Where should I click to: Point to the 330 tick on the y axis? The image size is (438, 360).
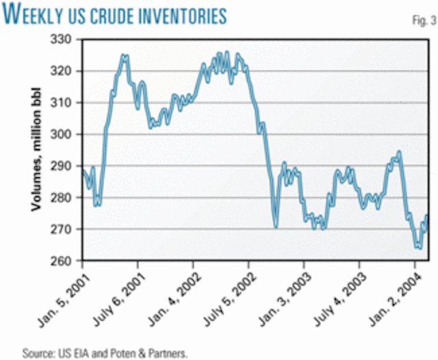[66, 40]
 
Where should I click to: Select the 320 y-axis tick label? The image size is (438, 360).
[66, 72]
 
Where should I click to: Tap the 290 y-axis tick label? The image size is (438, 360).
[66, 166]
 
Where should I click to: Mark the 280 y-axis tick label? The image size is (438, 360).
[66, 198]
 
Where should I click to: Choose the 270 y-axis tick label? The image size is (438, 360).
[66, 229]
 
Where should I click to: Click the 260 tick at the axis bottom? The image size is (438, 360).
[66, 261]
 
